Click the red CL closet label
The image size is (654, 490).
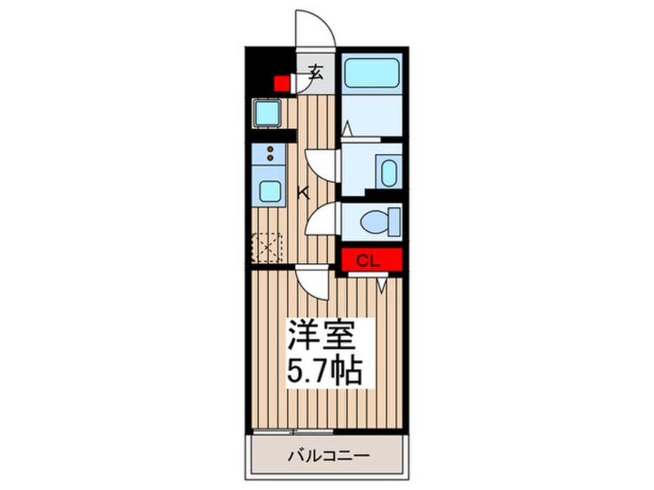(x=369, y=261)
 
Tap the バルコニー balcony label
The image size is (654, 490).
(x=329, y=455)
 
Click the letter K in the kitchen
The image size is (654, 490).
(x=304, y=193)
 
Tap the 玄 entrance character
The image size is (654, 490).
(x=315, y=73)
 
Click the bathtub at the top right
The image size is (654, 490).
(x=372, y=73)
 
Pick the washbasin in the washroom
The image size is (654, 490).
(x=389, y=172)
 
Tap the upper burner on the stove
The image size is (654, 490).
(x=270, y=149)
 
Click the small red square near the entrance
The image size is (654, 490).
(x=281, y=83)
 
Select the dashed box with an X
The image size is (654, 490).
(x=267, y=248)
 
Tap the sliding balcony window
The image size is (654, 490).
(x=293, y=431)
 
